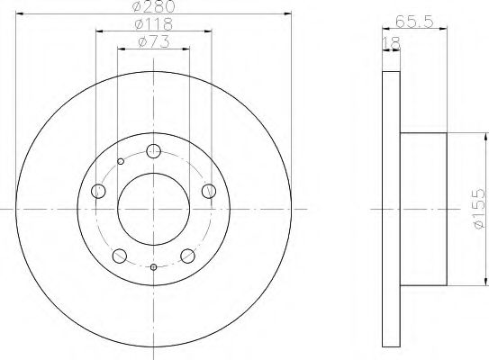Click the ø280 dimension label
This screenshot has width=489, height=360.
point(152,8)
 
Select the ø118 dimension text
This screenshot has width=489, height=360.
point(152,25)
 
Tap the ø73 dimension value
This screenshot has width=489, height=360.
point(152,42)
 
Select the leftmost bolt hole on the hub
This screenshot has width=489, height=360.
point(98,191)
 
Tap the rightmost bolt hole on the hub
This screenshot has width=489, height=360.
point(209,191)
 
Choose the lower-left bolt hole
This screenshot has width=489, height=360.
point(119,256)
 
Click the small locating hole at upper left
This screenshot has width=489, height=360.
point(121,162)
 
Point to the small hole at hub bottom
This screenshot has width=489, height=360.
point(153,267)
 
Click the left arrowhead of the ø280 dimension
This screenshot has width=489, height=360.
point(20,13)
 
